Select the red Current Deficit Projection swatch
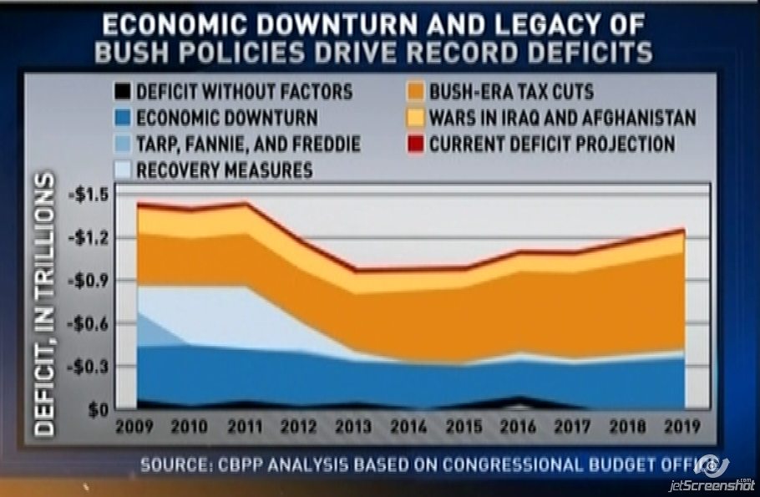coord(416,144)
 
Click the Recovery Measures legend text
coord(224,171)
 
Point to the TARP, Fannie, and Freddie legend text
coord(248,144)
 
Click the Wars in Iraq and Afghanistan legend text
coord(563,117)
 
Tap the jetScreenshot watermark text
coord(712,484)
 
